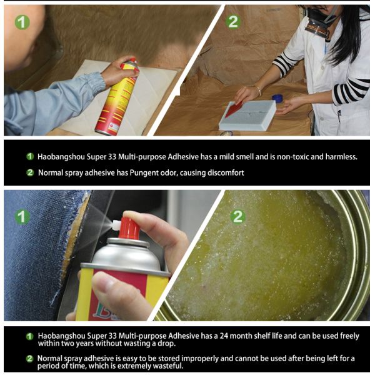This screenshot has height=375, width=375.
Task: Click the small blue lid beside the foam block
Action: tap(277, 99)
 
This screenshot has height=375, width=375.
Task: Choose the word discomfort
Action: tap(223, 172)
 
